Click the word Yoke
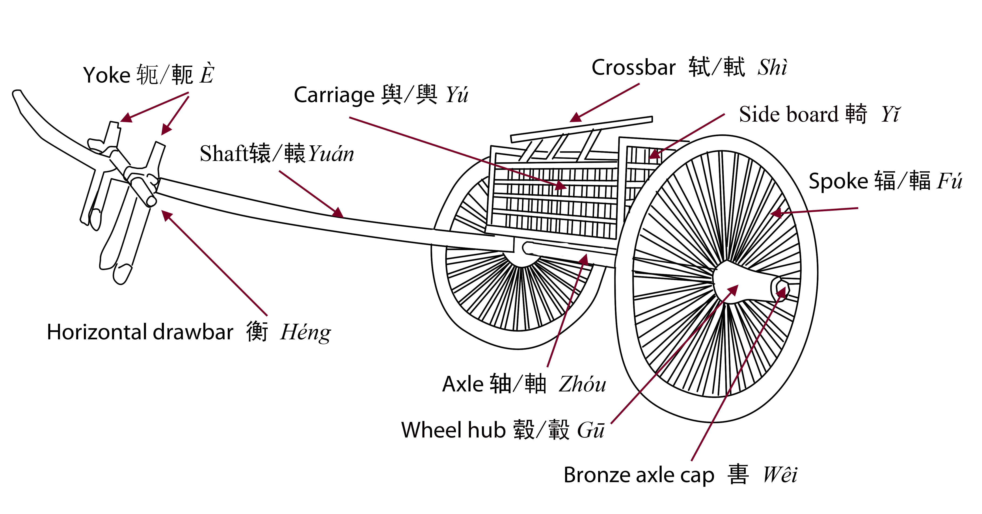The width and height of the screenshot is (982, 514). (x=107, y=75)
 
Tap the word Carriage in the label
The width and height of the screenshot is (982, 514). (x=334, y=95)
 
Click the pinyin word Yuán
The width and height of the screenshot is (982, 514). (x=331, y=154)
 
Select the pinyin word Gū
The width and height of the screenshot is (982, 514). (x=590, y=430)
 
